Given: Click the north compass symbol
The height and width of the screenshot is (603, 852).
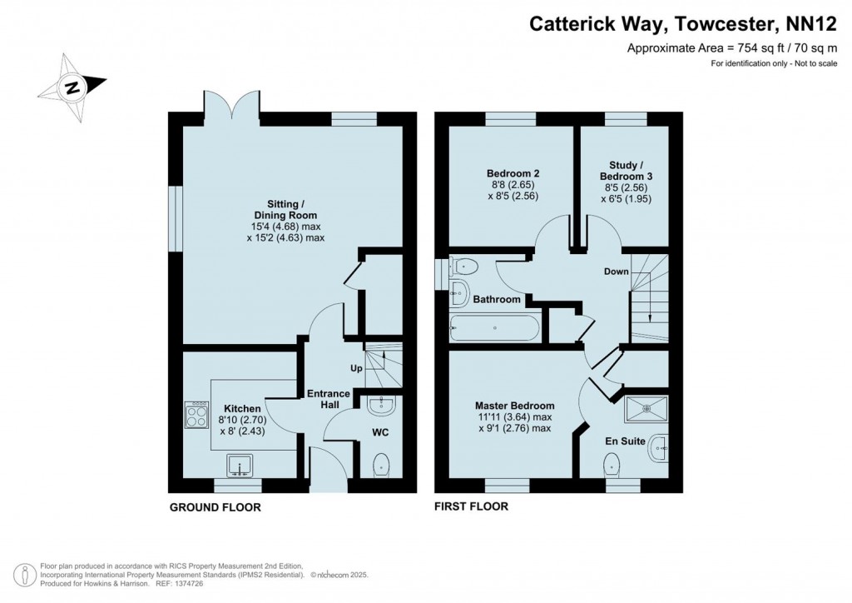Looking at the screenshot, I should click(x=74, y=86).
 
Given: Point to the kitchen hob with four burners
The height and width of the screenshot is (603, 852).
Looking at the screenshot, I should click(x=196, y=414).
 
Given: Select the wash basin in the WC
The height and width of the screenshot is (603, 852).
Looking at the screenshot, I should click(x=381, y=406).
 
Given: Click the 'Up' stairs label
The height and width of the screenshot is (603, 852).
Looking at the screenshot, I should click(x=355, y=368).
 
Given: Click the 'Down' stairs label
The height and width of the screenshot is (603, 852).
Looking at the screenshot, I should click(x=616, y=272).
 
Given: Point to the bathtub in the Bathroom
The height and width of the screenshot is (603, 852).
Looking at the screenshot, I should click(x=494, y=328).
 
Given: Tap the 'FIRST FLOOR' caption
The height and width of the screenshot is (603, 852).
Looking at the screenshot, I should click(x=471, y=506).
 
